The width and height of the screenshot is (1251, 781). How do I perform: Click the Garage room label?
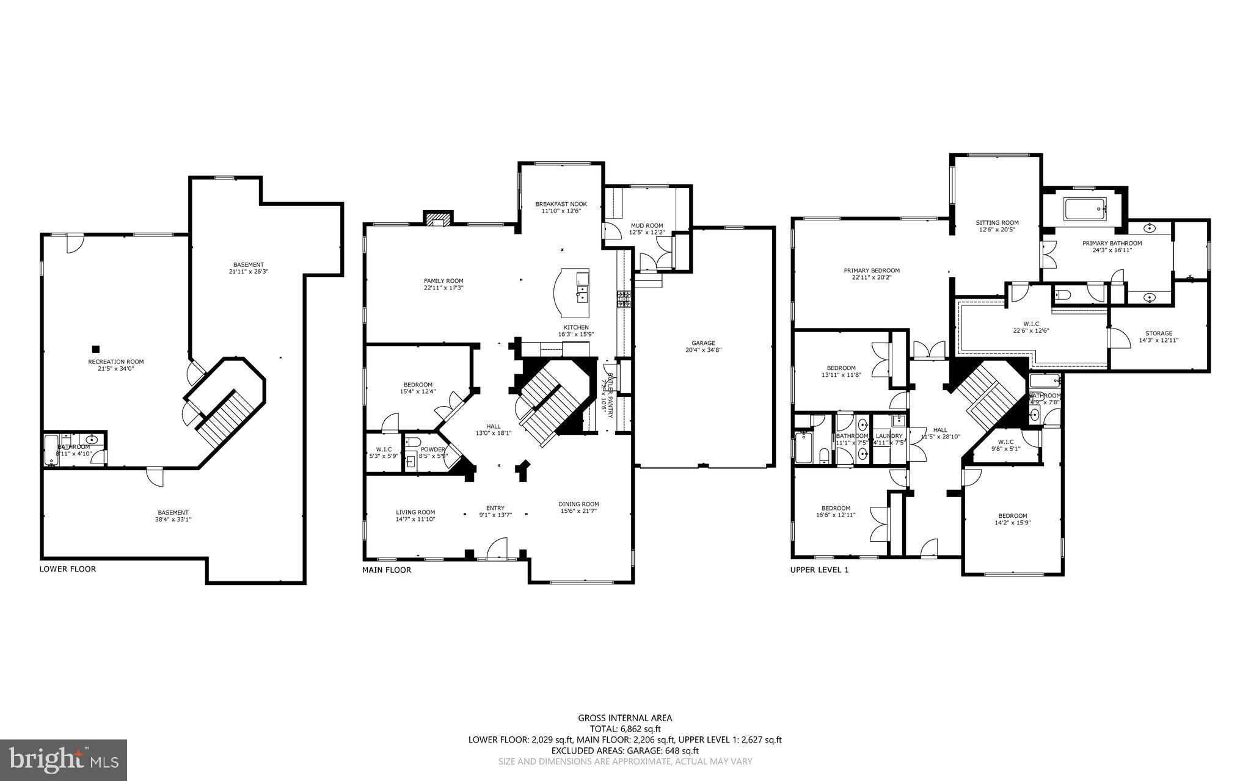(703, 343)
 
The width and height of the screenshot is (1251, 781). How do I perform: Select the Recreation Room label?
(115, 361)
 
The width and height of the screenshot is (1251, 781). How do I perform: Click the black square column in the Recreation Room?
(95, 349)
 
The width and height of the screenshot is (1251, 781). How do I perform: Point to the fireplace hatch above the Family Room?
(438, 219)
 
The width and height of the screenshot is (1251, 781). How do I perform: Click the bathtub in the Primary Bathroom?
(1085, 210)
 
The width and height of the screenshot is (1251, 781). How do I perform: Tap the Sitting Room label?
(997, 223)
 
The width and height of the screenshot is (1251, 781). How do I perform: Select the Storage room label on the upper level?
(1158, 333)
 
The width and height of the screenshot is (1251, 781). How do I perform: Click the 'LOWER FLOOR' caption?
(68, 569)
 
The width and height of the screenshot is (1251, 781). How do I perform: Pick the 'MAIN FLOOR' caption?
(387, 570)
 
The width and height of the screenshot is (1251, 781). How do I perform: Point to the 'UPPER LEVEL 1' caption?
(820, 570)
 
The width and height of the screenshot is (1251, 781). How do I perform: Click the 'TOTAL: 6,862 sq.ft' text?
(625, 729)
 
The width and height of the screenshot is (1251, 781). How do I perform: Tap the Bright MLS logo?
(64, 760)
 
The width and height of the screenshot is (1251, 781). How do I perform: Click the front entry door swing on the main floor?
(497, 548)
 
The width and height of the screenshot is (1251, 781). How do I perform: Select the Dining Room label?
(578, 504)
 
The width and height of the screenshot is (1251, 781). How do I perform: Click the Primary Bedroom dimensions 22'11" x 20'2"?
(872, 277)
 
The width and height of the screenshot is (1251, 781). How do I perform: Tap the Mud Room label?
(646, 226)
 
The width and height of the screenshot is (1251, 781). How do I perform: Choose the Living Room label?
(415, 512)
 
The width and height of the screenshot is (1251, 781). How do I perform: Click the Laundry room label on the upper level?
(888, 436)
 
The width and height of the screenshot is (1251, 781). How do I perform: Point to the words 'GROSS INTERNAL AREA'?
(625, 718)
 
